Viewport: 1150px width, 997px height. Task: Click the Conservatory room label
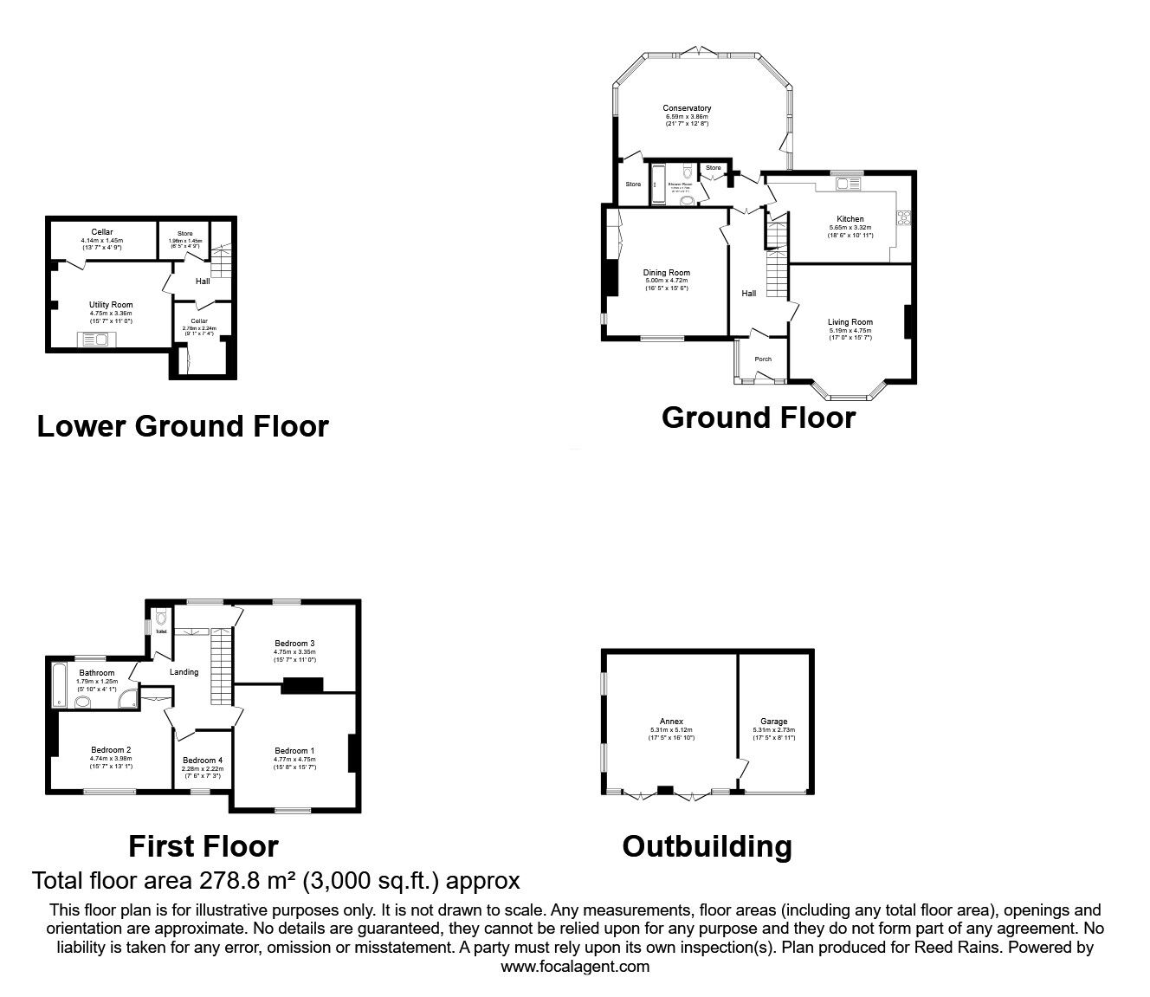[687, 108]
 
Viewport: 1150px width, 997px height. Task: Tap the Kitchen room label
[850, 219]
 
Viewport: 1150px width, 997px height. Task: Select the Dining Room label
[666, 273]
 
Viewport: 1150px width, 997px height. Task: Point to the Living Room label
[850, 322]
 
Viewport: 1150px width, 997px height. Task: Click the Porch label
[763, 359]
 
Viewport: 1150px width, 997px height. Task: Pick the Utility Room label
[111, 305]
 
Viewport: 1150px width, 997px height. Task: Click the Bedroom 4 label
[203, 761]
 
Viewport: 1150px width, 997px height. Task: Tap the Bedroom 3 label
[294, 644]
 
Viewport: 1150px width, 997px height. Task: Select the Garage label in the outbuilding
[773, 722]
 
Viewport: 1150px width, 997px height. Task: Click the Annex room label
[671, 722]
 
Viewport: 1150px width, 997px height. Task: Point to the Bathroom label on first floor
[96, 673]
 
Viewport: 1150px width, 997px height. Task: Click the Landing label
[184, 672]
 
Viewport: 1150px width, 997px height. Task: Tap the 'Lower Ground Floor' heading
[183, 426]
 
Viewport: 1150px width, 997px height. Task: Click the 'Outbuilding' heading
[707, 846]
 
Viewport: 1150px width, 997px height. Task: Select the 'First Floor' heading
[204, 845]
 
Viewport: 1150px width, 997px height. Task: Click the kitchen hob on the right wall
[907, 217]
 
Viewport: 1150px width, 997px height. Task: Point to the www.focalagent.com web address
[575, 967]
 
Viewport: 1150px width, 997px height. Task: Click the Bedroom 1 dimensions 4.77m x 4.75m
[294, 760]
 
